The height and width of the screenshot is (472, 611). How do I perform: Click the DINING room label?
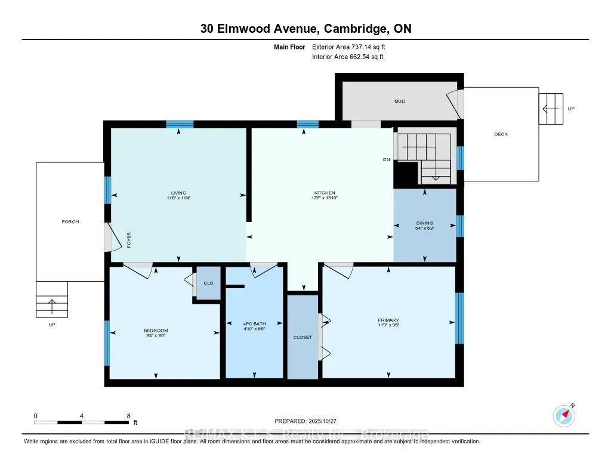425,223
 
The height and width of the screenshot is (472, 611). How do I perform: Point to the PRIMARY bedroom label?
388,320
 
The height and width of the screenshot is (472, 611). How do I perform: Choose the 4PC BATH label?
254,323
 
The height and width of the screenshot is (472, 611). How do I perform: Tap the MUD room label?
400,101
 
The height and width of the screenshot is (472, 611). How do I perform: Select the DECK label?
501,134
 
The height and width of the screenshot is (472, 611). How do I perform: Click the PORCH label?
70,221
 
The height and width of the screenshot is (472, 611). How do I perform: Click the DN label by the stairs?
386,159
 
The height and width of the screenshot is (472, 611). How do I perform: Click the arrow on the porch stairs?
51,306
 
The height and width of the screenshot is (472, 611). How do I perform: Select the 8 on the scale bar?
128,415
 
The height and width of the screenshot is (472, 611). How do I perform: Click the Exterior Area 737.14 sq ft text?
353,47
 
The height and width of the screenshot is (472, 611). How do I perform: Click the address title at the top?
305,28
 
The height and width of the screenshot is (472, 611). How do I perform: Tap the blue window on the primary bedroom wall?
458,317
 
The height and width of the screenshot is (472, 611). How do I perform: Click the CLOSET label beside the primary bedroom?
303,337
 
